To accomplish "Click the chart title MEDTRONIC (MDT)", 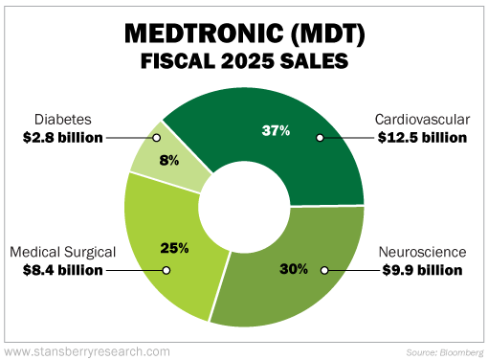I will [x=243, y=34].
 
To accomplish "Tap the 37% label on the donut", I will [x=277, y=131].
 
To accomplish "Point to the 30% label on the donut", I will [x=293, y=268].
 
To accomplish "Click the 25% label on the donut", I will [x=174, y=248].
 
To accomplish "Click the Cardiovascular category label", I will [x=422, y=120].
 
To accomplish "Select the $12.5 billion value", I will [x=421, y=138].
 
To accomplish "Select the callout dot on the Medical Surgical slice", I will [x=166, y=270].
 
